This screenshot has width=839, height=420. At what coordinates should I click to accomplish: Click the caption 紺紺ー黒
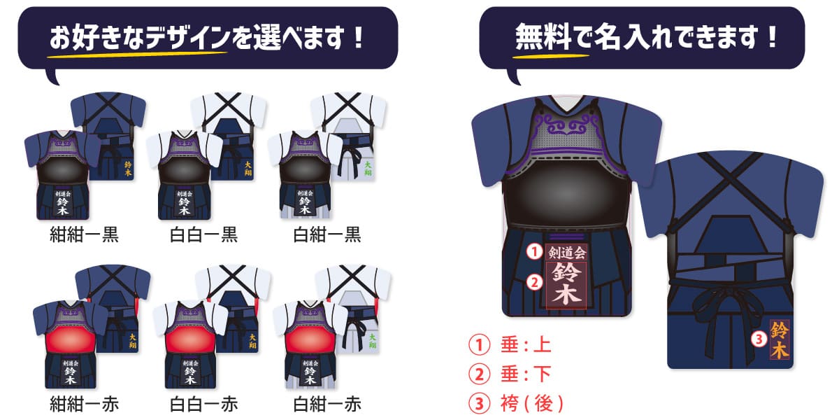click(84, 234)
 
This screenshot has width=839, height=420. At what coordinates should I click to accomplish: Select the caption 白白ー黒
click(203, 234)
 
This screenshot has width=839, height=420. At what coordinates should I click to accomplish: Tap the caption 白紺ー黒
click(327, 234)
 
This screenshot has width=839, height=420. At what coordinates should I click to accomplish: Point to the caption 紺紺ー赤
click(84, 404)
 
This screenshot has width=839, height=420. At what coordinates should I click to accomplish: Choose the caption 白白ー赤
click(203, 404)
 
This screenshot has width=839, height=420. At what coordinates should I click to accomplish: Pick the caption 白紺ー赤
click(327, 404)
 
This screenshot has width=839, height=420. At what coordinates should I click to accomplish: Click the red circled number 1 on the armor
click(534, 250)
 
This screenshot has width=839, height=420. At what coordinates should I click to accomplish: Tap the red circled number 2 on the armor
click(534, 282)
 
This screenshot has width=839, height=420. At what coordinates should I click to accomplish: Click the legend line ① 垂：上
click(510, 345)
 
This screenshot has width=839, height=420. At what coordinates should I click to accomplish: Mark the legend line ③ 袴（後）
click(518, 404)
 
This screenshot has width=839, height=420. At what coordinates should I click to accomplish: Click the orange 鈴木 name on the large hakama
click(779, 339)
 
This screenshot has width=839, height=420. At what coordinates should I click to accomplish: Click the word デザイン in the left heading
click(187, 37)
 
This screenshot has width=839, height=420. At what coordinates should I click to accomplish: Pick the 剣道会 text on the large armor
click(567, 251)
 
